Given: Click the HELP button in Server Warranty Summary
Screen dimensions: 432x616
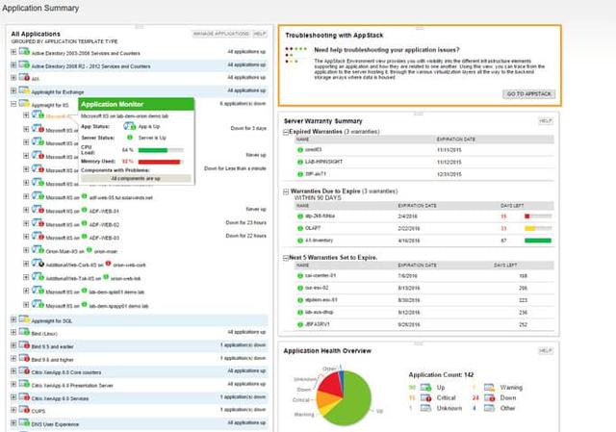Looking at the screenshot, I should click(545, 120).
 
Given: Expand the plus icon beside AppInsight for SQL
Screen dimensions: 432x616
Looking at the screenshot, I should click(13, 318).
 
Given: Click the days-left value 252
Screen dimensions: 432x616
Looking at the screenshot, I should click(523, 324).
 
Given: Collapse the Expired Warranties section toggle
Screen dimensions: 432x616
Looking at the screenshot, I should click(286, 131).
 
